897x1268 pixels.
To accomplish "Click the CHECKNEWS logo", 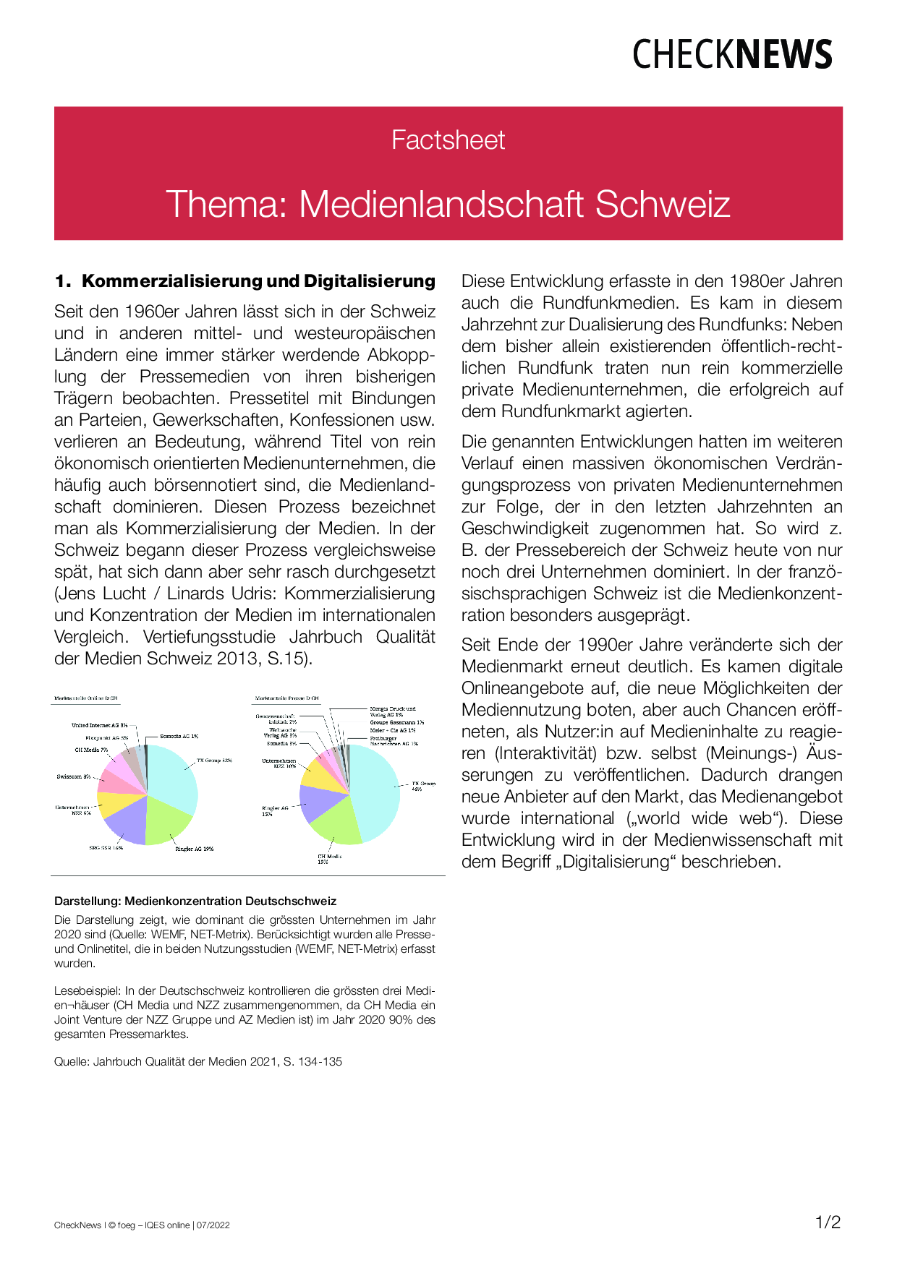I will (x=732, y=55).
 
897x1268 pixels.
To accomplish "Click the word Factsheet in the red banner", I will (x=448, y=140).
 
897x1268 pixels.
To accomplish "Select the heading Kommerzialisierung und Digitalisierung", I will (x=258, y=281).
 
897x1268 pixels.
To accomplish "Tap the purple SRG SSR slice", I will (x=125, y=822).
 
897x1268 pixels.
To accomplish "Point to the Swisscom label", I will (x=73, y=777).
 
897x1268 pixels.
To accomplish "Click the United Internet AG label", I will (x=99, y=725).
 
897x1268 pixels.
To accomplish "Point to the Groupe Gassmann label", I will (x=397, y=722).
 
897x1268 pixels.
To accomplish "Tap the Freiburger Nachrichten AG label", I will (x=394, y=741).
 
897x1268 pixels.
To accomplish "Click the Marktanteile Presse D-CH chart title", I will (x=286, y=699).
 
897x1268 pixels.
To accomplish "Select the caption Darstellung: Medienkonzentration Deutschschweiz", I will (x=195, y=901).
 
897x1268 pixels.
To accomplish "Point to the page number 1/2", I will (x=828, y=1222).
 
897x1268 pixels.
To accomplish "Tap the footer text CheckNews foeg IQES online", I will (x=142, y=1225).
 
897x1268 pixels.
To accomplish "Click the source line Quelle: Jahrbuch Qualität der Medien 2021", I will (x=197, y=1062).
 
